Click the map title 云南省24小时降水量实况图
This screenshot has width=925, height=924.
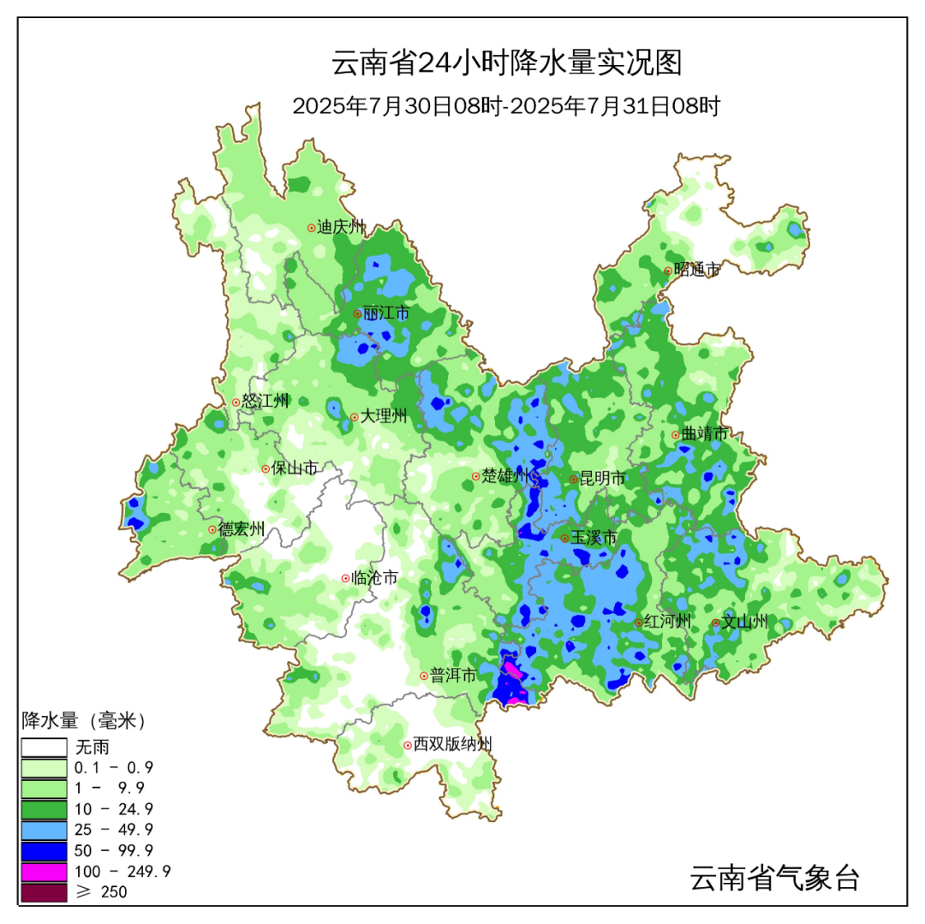tap(506, 63)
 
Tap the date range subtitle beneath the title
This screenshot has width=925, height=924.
tap(506, 107)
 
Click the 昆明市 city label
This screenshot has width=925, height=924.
tap(603, 479)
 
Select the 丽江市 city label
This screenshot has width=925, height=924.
tap(386, 313)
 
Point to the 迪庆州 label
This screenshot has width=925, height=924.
tap(341, 228)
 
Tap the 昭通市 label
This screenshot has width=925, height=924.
tap(696, 271)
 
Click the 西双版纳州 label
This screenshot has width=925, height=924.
tap(453, 745)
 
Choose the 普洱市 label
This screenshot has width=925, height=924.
tap(453, 676)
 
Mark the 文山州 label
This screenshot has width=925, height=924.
tap(744, 623)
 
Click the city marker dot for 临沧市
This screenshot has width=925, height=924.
tap(346, 579)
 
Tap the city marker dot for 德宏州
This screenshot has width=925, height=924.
tap(212, 530)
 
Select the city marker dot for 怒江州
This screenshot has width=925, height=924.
tap(236, 402)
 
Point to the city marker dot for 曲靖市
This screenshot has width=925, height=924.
tap(676, 435)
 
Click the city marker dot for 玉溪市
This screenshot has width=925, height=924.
tap(565, 538)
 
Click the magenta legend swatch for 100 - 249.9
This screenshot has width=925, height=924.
tap(44, 872)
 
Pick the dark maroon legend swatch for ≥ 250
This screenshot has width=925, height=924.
tap(44, 892)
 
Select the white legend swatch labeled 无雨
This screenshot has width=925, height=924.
tap(44, 748)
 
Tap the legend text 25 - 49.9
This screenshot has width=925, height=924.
tap(114, 830)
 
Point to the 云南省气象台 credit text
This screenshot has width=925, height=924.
tap(774, 877)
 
